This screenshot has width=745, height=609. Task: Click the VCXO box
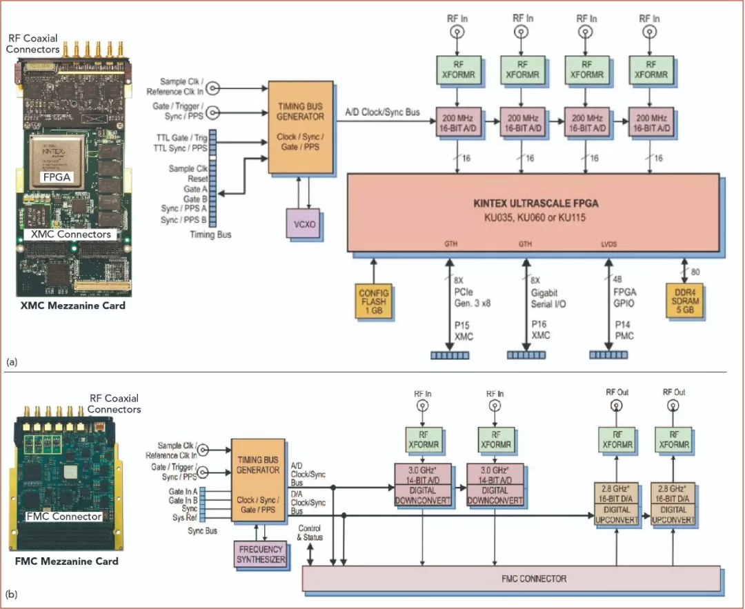click(304, 226)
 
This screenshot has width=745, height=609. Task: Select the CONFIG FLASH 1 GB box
click(374, 301)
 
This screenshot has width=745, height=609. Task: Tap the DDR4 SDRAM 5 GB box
click(684, 301)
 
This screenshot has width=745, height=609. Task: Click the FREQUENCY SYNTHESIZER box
click(260, 555)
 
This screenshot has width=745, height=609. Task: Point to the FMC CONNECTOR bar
click(511, 578)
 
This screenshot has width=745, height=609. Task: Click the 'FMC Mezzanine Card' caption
click(67, 561)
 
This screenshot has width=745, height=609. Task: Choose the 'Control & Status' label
click(310, 532)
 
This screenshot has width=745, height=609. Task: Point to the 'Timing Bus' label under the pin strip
click(212, 234)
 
